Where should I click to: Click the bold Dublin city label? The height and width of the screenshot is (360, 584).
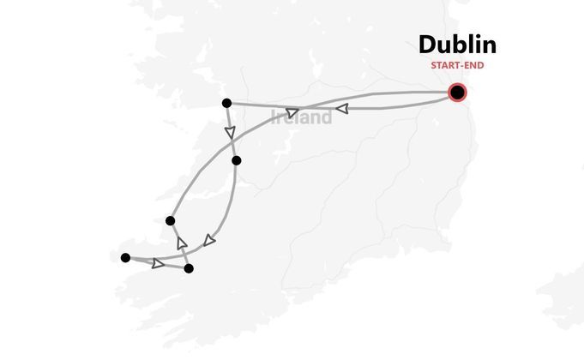point(457,45)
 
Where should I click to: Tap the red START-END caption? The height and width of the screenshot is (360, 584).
point(457,65)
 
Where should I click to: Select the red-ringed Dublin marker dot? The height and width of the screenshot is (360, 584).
point(458,93)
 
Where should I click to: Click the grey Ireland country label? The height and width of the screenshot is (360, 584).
point(301,117)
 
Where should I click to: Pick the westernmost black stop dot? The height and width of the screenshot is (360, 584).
point(126,258)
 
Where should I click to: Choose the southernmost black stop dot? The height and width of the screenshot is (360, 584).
point(189,268)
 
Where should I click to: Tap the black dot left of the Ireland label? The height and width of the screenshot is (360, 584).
point(226,104)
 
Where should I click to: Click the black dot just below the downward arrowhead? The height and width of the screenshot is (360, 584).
point(237,160)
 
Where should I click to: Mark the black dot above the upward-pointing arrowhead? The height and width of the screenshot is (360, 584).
point(171,221)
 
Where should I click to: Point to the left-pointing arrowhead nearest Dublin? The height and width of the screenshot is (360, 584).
point(341,109)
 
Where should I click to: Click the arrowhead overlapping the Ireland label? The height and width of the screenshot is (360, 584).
point(292,113)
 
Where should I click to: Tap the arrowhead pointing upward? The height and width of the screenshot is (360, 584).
point(182,243)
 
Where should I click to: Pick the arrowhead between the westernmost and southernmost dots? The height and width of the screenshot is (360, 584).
point(158,263)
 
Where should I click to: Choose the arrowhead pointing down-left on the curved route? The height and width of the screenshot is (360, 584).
point(209,240)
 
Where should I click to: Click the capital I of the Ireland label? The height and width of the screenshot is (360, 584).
point(274,117)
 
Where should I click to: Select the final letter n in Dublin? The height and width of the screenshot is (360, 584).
point(488,45)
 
